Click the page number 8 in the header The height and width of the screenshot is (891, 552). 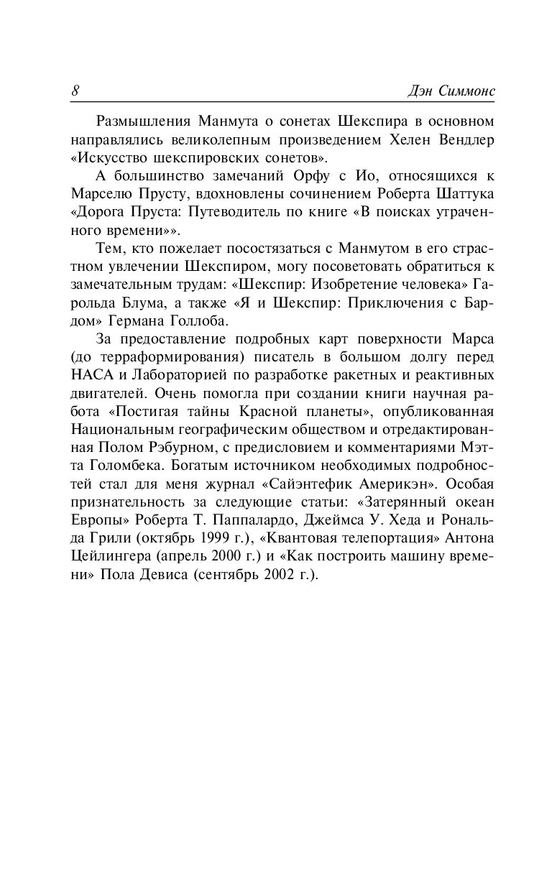coord(75,91)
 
